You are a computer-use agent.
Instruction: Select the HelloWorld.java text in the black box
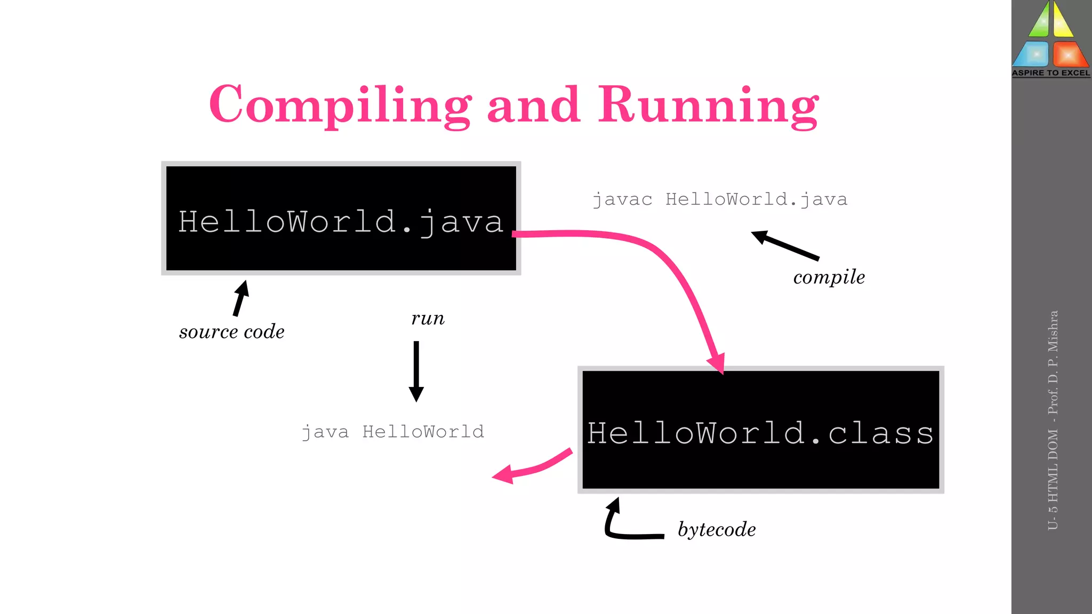341,221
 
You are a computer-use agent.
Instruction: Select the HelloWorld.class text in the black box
760,432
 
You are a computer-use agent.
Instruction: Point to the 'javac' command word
622,199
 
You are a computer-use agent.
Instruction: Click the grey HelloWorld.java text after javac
756,199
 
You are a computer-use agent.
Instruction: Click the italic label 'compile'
829,277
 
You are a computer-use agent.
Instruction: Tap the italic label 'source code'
231,332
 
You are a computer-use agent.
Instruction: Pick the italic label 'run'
428,318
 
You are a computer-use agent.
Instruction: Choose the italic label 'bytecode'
717,529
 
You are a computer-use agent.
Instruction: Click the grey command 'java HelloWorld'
393,431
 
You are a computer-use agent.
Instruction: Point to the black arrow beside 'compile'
784,245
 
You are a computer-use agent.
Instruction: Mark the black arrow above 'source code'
240,298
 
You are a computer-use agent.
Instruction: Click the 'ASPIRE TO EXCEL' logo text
1051,73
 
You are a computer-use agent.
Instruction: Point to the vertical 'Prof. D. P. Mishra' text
1053,362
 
